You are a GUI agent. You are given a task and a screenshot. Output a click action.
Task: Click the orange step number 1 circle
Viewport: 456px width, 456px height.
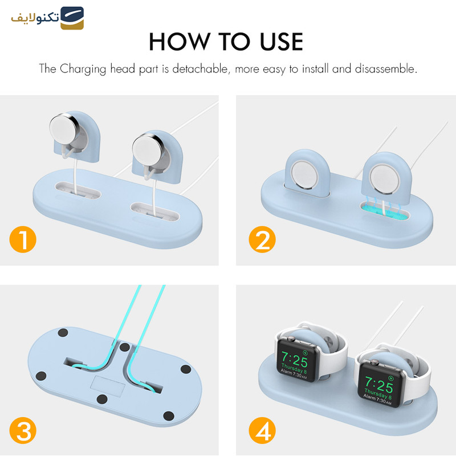[23, 239]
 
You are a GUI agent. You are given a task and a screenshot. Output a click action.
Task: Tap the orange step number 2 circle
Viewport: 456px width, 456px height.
[262, 239]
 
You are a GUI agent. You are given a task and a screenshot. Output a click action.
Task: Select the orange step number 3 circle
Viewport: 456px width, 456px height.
[23, 430]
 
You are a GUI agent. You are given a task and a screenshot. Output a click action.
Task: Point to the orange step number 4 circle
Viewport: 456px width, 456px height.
[262, 430]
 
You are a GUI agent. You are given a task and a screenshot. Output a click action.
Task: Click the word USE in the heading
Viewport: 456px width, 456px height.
[281, 42]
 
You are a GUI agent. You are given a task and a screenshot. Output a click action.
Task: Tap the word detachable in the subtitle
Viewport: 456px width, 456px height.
[201, 69]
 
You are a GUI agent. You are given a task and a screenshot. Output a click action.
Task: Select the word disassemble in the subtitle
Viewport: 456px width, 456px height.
[386, 69]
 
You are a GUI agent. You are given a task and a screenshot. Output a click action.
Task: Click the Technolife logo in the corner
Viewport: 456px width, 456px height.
[47, 18]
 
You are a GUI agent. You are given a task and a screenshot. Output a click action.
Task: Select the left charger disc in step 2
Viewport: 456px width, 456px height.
[304, 175]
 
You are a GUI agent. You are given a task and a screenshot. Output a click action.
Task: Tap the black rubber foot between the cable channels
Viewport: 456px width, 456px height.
[125, 347]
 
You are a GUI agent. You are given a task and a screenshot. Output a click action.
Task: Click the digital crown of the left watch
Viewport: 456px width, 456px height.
[290, 338]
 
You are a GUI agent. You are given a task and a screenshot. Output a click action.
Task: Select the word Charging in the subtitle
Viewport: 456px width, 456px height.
[83, 69]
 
